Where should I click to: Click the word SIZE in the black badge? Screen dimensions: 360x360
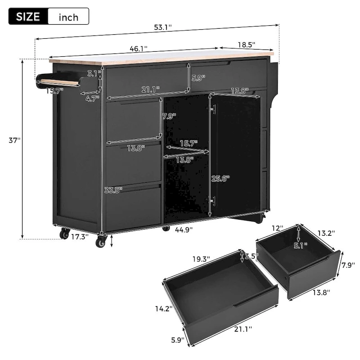(x=28, y=17)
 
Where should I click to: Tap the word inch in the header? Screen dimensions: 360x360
(x=68, y=17)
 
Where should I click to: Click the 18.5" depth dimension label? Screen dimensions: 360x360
(x=246, y=44)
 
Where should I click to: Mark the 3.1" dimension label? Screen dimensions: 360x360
(x=94, y=73)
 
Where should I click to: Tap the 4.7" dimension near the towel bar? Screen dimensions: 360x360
(x=93, y=98)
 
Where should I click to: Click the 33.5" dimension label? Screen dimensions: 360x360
(x=113, y=190)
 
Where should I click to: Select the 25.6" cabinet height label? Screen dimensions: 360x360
(x=220, y=178)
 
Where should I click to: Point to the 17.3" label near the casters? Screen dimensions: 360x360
(x=80, y=235)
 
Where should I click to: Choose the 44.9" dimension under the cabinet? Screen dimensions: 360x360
(x=184, y=229)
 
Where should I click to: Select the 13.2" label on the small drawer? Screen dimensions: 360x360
(x=325, y=233)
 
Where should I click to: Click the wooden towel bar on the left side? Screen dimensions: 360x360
(x=59, y=82)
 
